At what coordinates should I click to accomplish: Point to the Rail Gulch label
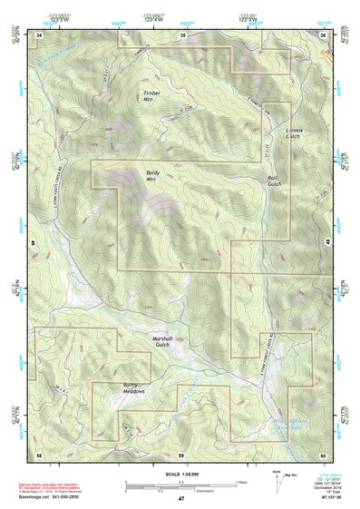(275, 181)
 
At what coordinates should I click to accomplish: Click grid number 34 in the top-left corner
(39, 34)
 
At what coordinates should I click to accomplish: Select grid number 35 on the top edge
(182, 34)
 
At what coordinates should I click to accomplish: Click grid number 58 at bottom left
(39, 453)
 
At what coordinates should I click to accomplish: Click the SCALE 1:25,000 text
(180, 474)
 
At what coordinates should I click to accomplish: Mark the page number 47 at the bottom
(180, 499)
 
